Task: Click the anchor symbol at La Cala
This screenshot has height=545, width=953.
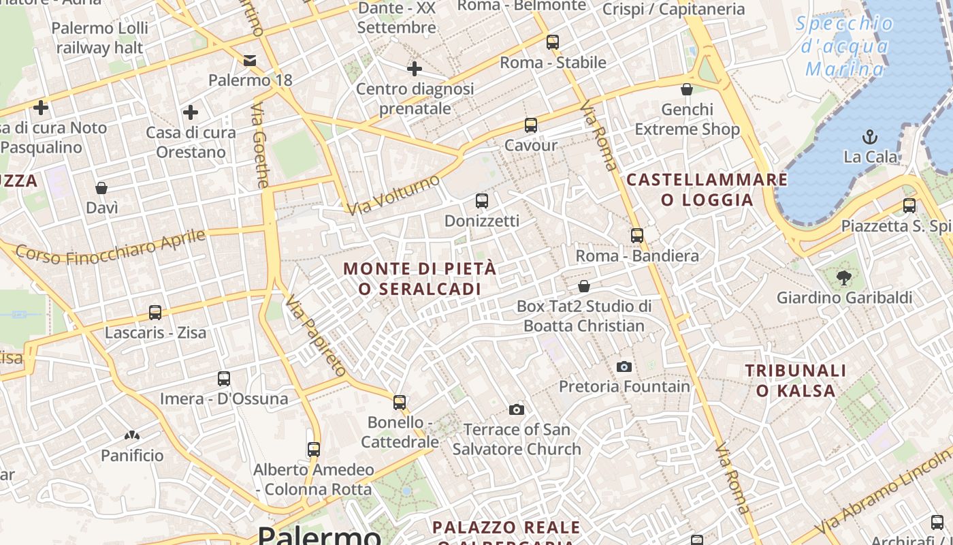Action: [x=869, y=137]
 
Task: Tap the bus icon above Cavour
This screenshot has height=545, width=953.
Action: [x=531, y=125]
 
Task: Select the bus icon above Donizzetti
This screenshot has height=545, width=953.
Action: [x=482, y=201]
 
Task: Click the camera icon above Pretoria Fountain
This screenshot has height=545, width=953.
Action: [x=624, y=367]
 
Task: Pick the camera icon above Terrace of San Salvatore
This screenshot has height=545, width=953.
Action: [x=517, y=409]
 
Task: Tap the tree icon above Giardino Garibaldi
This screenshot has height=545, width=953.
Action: [x=844, y=277]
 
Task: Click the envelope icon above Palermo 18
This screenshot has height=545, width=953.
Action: [x=250, y=61]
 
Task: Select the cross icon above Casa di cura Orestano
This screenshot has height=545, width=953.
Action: [x=191, y=112]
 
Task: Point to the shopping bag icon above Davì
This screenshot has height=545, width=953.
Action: [x=101, y=187]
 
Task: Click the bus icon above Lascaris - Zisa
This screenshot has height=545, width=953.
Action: [x=155, y=313]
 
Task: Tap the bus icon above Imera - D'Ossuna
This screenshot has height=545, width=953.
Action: [x=224, y=379]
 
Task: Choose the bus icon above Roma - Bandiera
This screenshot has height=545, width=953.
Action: [x=637, y=236]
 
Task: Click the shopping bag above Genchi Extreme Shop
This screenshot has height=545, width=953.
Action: [x=687, y=89]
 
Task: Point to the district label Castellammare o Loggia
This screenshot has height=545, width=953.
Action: [x=707, y=189]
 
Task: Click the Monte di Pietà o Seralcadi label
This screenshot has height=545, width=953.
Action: [x=420, y=279]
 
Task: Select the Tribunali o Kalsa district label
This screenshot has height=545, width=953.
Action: [x=796, y=380]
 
